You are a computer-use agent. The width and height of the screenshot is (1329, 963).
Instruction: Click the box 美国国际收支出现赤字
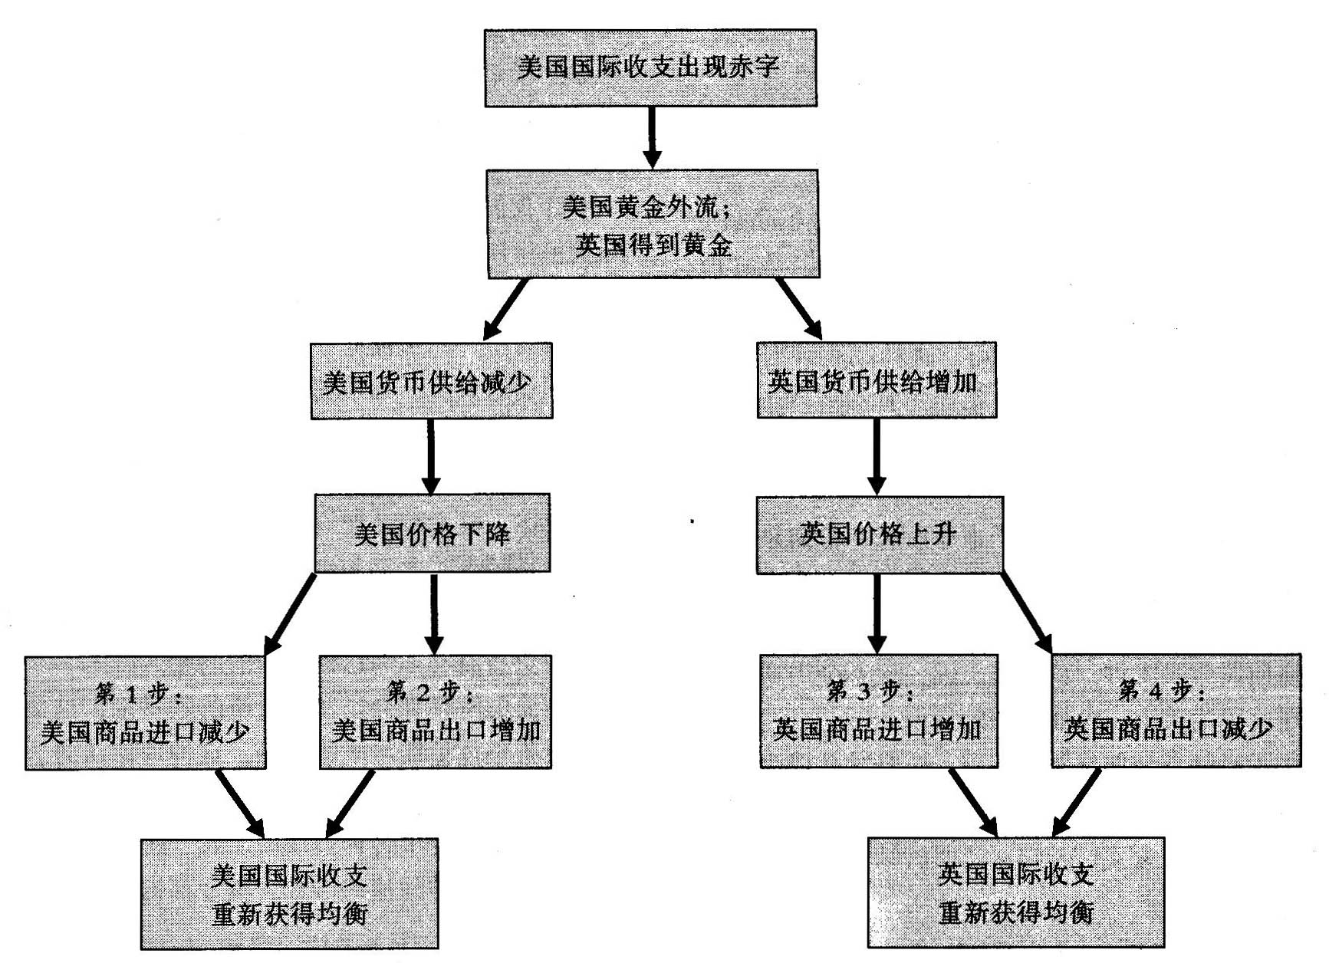tap(650, 67)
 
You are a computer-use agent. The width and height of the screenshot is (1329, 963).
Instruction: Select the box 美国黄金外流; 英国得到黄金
tap(653, 224)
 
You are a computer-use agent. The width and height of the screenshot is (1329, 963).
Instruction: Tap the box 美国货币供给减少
tap(431, 381)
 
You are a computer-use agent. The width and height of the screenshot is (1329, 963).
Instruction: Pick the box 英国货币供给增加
tap(877, 380)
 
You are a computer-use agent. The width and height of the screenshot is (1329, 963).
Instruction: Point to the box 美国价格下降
tap(432, 533)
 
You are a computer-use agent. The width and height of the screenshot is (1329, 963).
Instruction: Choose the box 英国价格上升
tap(879, 534)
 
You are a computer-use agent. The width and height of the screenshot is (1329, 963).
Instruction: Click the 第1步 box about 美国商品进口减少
tap(146, 713)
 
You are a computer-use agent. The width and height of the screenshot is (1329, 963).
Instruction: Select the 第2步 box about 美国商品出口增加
tap(435, 712)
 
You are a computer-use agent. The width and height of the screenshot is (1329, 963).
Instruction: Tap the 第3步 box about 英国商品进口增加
tap(879, 711)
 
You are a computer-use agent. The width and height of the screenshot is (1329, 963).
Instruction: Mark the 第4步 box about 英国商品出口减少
tap(1176, 711)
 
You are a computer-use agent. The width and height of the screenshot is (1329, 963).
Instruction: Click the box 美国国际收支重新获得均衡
tap(289, 893)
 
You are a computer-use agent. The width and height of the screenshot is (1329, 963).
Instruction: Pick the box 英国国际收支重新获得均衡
tap(1015, 892)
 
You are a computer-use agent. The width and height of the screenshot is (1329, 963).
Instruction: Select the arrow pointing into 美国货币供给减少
tap(506, 308)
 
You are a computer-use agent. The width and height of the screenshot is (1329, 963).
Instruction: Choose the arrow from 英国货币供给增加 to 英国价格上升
tap(876, 457)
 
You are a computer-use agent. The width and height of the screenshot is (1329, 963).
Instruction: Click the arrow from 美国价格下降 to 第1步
tap(291, 614)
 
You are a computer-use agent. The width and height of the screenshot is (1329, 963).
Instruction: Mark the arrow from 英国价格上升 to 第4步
tap(1027, 613)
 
